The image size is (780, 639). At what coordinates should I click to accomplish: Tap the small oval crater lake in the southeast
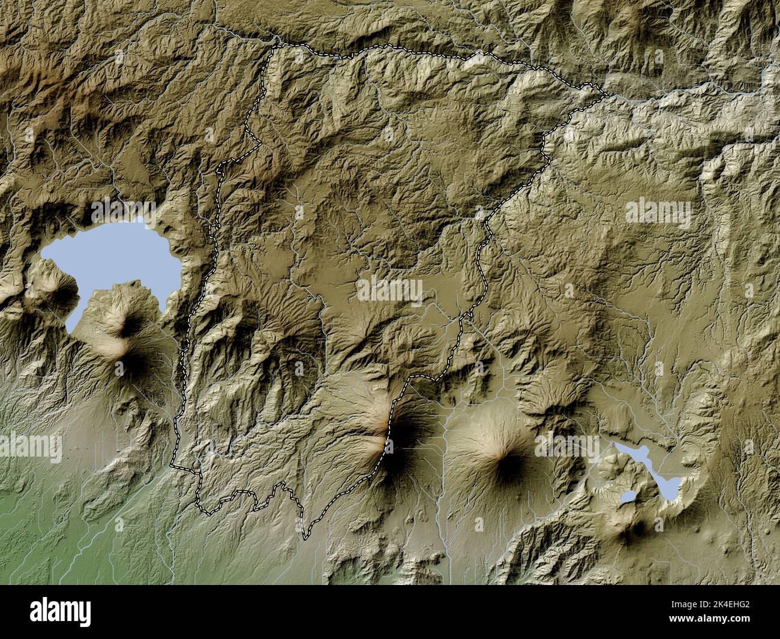[628, 497]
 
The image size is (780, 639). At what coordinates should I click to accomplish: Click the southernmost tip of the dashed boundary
[305, 539]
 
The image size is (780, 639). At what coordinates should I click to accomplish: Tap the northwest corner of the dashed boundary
[274, 47]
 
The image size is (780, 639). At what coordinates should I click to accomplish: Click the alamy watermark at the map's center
[390, 290]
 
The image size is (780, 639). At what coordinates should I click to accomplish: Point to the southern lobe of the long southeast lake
[670, 487]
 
